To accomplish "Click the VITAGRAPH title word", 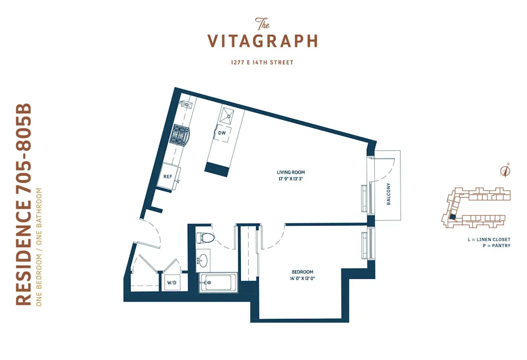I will click(x=262, y=41).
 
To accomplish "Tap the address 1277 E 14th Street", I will click(x=262, y=63).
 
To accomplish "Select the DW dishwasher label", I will click(x=222, y=133).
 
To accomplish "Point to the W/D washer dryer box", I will click(x=172, y=283).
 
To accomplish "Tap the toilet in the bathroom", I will click(x=206, y=238).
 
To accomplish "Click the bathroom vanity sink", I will click(x=203, y=260).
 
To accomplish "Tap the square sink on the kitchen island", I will click(x=230, y=114).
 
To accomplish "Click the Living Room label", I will click(x=291, y=172).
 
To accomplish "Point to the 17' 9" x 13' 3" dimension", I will click(x=291, y=179).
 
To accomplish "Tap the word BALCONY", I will click(x=388, y=194).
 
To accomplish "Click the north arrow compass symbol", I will click(x=505, y=170).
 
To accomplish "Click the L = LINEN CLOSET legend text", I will click(x=489, y=239).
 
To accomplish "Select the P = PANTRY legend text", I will click(x=494, y=246).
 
